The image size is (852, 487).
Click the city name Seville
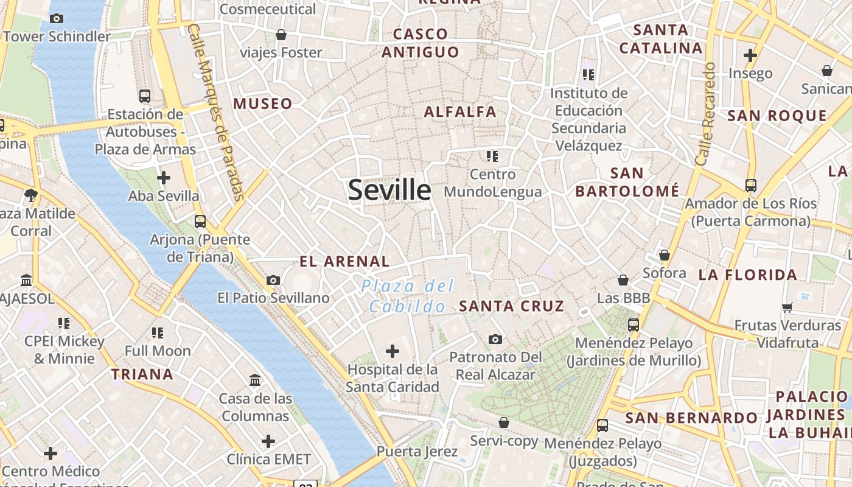pyautogui.click(x=389, y=191)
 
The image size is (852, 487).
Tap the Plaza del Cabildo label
pyautogui.click(x=408, y=296)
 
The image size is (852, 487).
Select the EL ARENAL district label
pyautogui.click(x=344, y=262)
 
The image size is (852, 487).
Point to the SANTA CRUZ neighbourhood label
pyautogui.click(x=512, y=306)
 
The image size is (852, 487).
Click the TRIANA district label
pyautogui.click(x=142, y=374)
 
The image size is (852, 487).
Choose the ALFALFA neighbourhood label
pyautogui.click(x=460, y=112)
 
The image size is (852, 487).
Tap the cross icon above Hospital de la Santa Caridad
pyautogui.click(x=393, y=351)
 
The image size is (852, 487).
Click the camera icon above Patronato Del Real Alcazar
pyautogui.click(x=495, y=339)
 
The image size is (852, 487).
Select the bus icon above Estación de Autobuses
pyautogui.click(x=145, y=96)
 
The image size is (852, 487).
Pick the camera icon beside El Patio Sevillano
pyautogui.click(x=273, y=280)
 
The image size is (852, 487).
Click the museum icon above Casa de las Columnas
pyautogui.click(x=256, y=380)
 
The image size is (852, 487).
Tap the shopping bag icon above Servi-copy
pyautogui.click(x=504, y=422)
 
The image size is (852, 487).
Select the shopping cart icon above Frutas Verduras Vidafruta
pyautogui.click(x=787, y=307)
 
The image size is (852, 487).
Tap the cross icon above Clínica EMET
pyautogui.click(x=268, y=441)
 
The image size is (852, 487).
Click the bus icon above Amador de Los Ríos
pyautogui.click(x=751, y=185)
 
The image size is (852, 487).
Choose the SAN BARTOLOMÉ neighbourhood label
pyautogui.click(x=627, y=182)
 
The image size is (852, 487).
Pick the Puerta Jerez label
pyautogui.click(x=417, y=452)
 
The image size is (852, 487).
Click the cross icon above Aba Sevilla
pyautogui.click(x=164, y=178)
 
